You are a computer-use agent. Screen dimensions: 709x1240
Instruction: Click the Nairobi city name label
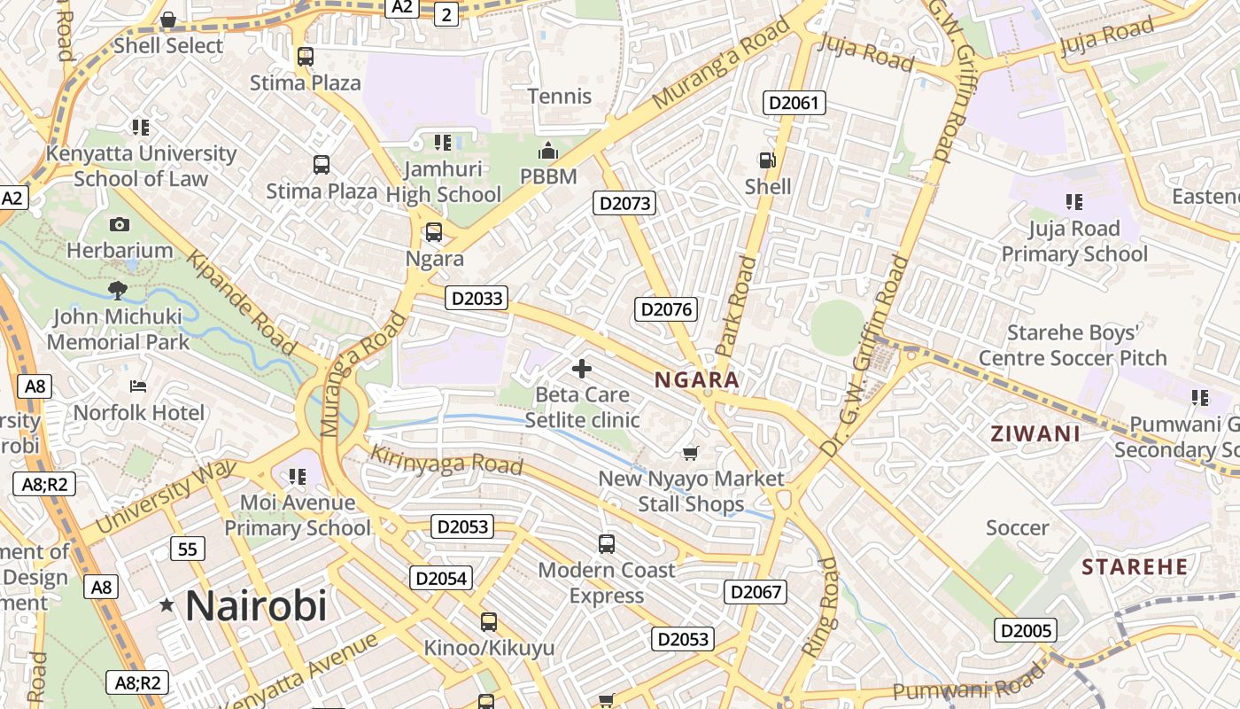[256, 606]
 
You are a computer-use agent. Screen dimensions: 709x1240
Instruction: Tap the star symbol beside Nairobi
[167, 605]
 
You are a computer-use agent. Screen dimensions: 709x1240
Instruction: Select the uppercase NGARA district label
[696, 380]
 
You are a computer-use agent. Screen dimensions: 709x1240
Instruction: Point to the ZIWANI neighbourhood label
[1035, 434]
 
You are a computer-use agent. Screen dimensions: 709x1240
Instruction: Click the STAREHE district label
[1135, 567]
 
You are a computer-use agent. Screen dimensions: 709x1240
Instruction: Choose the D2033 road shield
[477, 299]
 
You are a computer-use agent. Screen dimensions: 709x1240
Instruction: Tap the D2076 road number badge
[666, 309]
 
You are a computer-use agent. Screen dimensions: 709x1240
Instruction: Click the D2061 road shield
[794, 103]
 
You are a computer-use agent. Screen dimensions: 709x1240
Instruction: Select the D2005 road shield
[1026, 631]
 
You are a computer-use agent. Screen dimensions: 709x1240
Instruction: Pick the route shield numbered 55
[187, 549]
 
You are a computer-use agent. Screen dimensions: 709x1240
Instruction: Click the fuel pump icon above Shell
[767, 160]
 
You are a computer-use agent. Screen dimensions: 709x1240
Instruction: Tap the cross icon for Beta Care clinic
[582, 369]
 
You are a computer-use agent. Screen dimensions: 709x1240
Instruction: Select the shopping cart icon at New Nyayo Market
[691, 454]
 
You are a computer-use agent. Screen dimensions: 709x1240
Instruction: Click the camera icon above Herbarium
[120, 225]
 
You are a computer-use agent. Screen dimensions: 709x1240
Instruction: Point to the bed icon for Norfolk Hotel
[138, 386]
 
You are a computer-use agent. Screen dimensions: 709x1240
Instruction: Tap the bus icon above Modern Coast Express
[607, 544]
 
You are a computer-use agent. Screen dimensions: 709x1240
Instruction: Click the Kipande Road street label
[240, 302]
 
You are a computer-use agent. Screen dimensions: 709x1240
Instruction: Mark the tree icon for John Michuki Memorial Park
[117, 290]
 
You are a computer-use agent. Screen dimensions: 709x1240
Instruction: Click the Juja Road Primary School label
[1074, 241]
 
